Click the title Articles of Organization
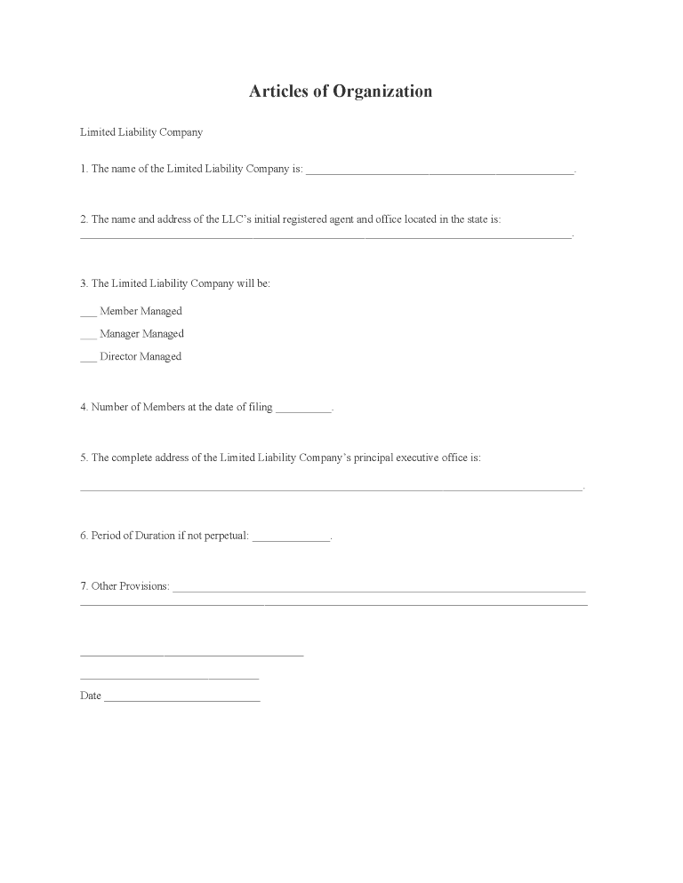[x=341, y=91]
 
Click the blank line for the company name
[x=439, y=171]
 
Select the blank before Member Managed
[x=88, y=314]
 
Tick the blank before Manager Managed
[x=88, y=337]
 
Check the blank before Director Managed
[x=88, y=359]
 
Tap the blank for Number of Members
[x=303, y=410]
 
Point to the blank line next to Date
[x=182, y=699]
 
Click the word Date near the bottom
[x=91, y=696]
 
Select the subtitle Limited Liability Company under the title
[x=141, y=132]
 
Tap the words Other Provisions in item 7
[x=130, y=586]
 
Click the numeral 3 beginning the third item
[x=83, y=283]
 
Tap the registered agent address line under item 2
[x=325, y=236]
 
